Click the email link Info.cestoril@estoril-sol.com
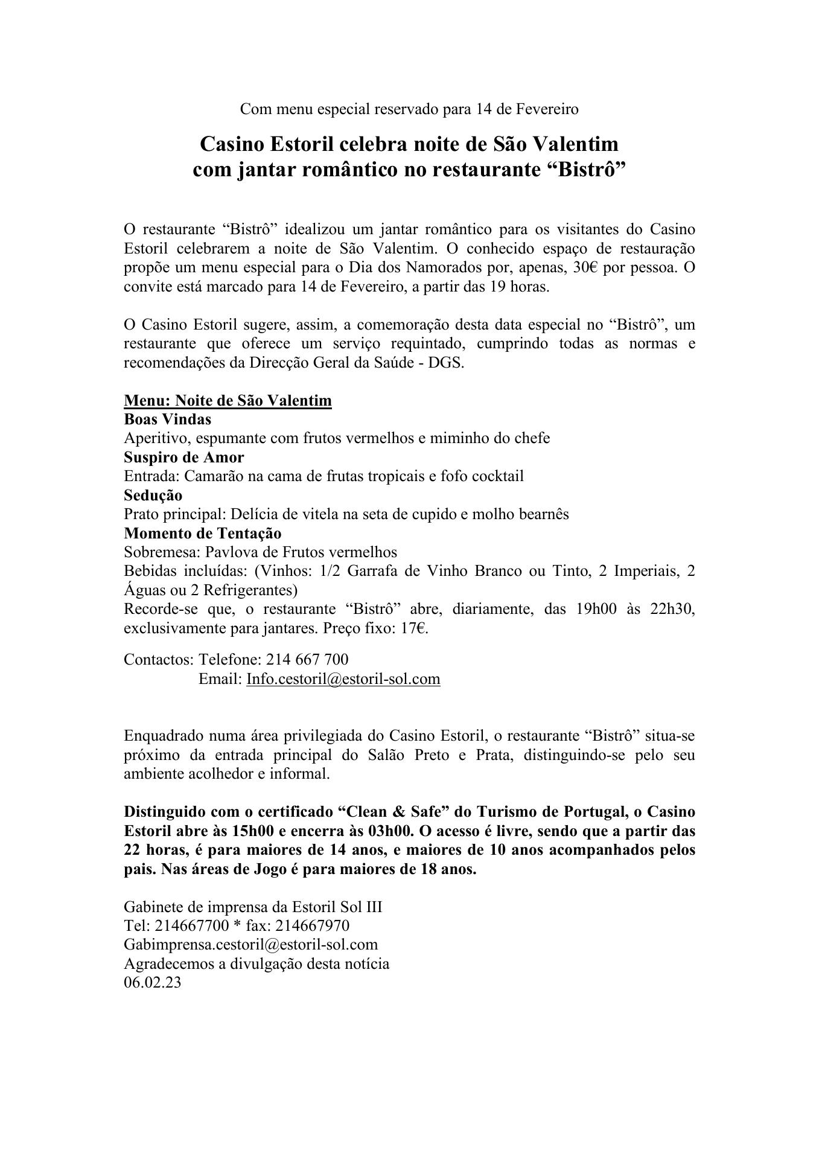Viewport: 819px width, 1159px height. [x=343, y=679]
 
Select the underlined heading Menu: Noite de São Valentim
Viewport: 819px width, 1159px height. [x=228, y=400]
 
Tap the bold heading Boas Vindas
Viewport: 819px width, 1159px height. [x=167, y=419]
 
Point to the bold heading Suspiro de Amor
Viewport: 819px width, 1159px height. [x=183, y=457]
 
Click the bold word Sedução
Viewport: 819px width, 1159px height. [x=153, y=495]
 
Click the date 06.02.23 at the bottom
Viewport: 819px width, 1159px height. [x=152, y=982]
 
